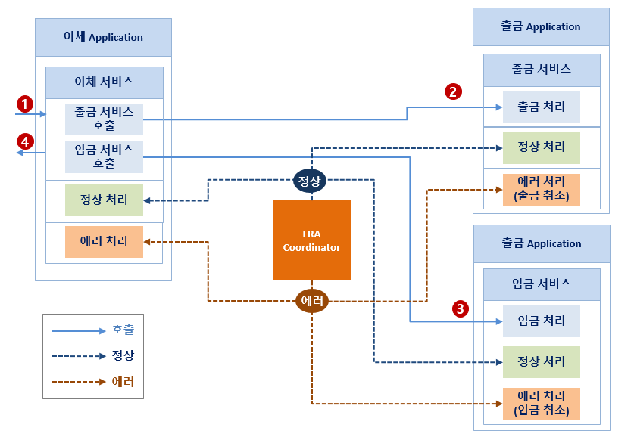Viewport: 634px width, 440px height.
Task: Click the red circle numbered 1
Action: point(25,104)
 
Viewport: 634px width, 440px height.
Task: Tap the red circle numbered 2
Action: point(453,91)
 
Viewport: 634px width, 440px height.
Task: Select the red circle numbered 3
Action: point(460,308)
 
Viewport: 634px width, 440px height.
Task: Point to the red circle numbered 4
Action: point(25,141)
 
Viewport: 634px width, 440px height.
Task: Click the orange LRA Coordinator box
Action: point(311,240)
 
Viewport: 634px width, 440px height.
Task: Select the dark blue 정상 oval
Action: point(310,181)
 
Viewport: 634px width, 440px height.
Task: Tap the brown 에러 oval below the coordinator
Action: point(312,301)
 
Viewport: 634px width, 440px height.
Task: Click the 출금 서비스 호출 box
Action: point(104,119)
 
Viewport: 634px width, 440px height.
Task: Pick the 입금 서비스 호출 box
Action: point(104,156)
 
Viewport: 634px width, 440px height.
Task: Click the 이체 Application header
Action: point(104,37)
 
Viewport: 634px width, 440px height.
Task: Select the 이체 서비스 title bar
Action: point(104,82)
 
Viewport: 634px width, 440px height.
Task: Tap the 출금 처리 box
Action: point(541,107)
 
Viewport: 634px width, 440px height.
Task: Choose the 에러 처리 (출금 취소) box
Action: point(541,189)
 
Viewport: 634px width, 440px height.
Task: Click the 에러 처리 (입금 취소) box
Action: point(541,403)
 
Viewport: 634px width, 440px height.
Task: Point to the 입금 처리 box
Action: point(541,321)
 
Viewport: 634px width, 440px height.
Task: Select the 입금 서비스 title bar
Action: point(541,284)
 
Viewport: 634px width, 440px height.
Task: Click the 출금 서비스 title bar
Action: point(541,70)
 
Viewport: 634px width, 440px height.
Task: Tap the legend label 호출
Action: point(123,330)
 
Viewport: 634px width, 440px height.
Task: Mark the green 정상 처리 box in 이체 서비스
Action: point(104,200)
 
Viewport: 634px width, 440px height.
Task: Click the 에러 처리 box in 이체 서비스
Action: point(104,242)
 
